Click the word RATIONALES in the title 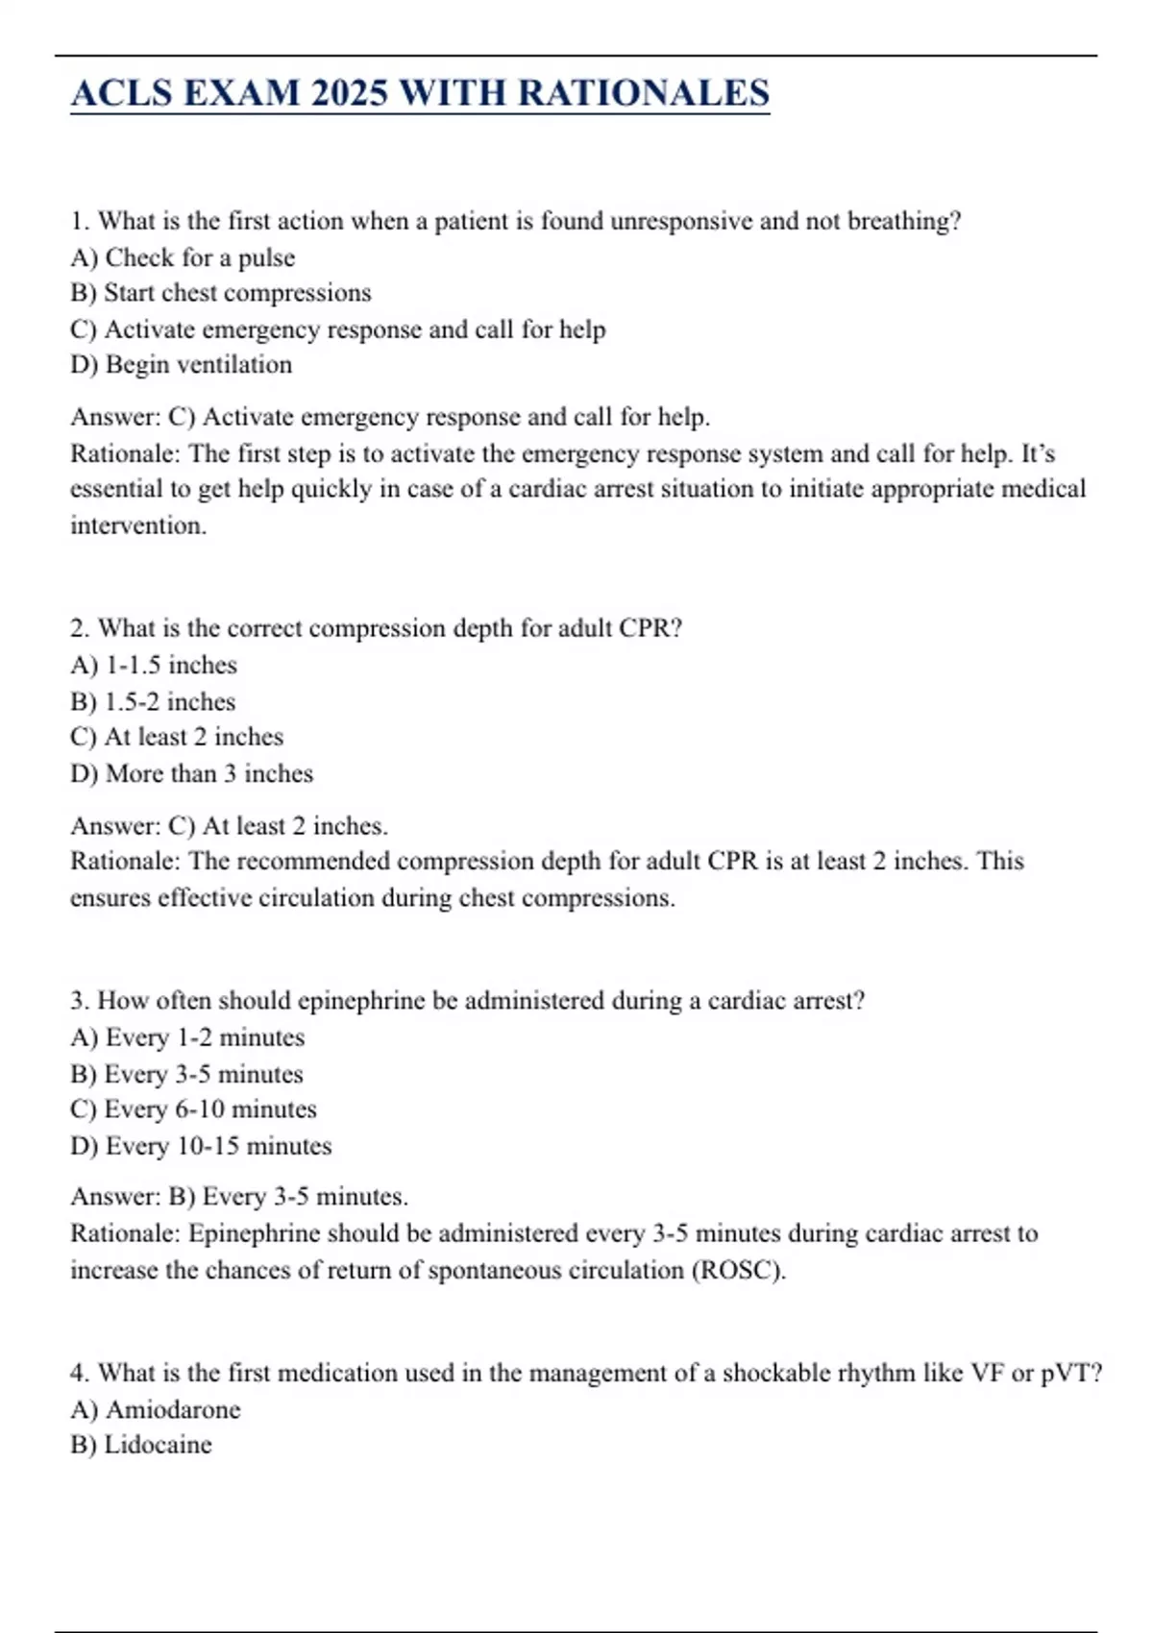pyautogui.click(x=644, y=93)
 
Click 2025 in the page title pyautogui.click(x=349, y=93)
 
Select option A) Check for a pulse pyautogui.click(x=183, y=257)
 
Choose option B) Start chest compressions pyautogui.click(x=220, y=293)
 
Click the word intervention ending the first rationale pyautogui.click(x=137, y=525)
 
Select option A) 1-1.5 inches pyautogui.click(x=154, y=665)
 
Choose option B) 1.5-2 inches pyautogui.click(x=153, y=701)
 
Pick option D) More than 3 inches pyautogui.click(x=191, y=773)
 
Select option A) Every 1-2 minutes pyautogui.click(x=187, y=1037)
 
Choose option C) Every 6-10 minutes pyautogui.click(x=193, y=1109)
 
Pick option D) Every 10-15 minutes pyautogui.click(x=201, y=1146)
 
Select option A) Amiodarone pyautogui.click(x=156, y=1409)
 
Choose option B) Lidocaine pyautogui.click(x=141, y=1445)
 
